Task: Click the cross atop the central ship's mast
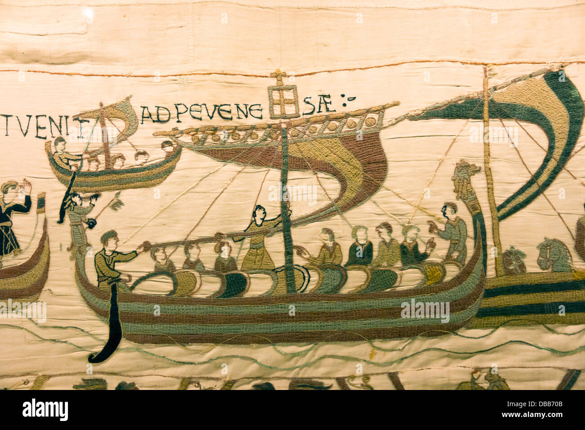(x=279, y=78)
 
